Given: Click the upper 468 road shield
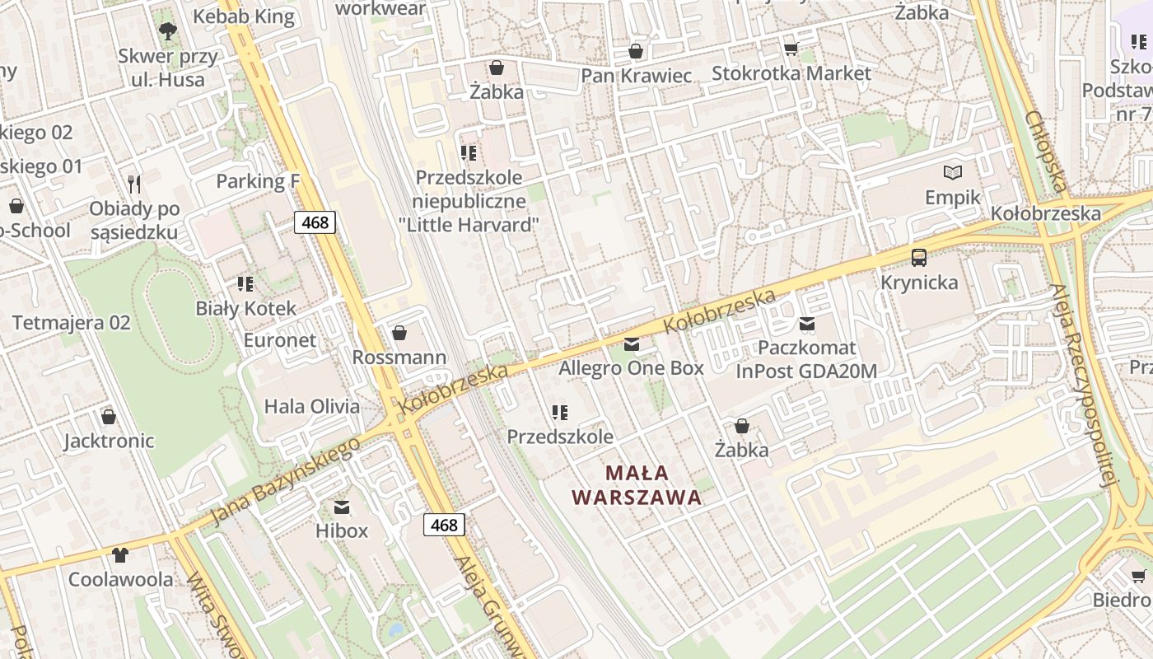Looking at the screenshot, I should click(x=315, y=222).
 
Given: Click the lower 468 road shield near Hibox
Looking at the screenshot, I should click(x=444, y=525).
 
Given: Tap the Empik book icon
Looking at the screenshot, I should click(x=953, y=173).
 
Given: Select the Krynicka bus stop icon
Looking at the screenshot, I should click(x=919, y=258).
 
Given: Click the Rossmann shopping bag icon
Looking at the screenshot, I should click(x=399, y=333).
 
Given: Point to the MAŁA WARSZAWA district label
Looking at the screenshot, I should click(x=637, y=485).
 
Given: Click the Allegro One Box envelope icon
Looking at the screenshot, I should click(x=632, y=344).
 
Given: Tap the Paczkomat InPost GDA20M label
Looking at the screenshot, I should click(x=806, y=360).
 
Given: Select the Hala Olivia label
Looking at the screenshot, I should click(x=311, y=406).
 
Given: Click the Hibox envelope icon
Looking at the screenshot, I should click(x=342, y=507).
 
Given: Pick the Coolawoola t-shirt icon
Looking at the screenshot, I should click(x=121, y=554).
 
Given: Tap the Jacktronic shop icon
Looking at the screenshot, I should click(x=108, y=417).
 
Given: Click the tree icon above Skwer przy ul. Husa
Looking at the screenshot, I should click(x=168, y=32).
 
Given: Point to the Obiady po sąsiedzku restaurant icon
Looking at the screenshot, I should click(x=134, y=184).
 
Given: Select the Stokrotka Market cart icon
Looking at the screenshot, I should click(x=791, y=49).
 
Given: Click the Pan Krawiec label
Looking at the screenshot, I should click(x=636, y=76).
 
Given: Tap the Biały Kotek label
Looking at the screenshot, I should click(x=245, y=309).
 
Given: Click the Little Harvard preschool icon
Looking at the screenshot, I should click(x=469, y=153).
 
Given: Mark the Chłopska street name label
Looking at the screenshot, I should click(x=1048, y=153).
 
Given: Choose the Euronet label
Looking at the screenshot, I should click(x=279, y=340).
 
